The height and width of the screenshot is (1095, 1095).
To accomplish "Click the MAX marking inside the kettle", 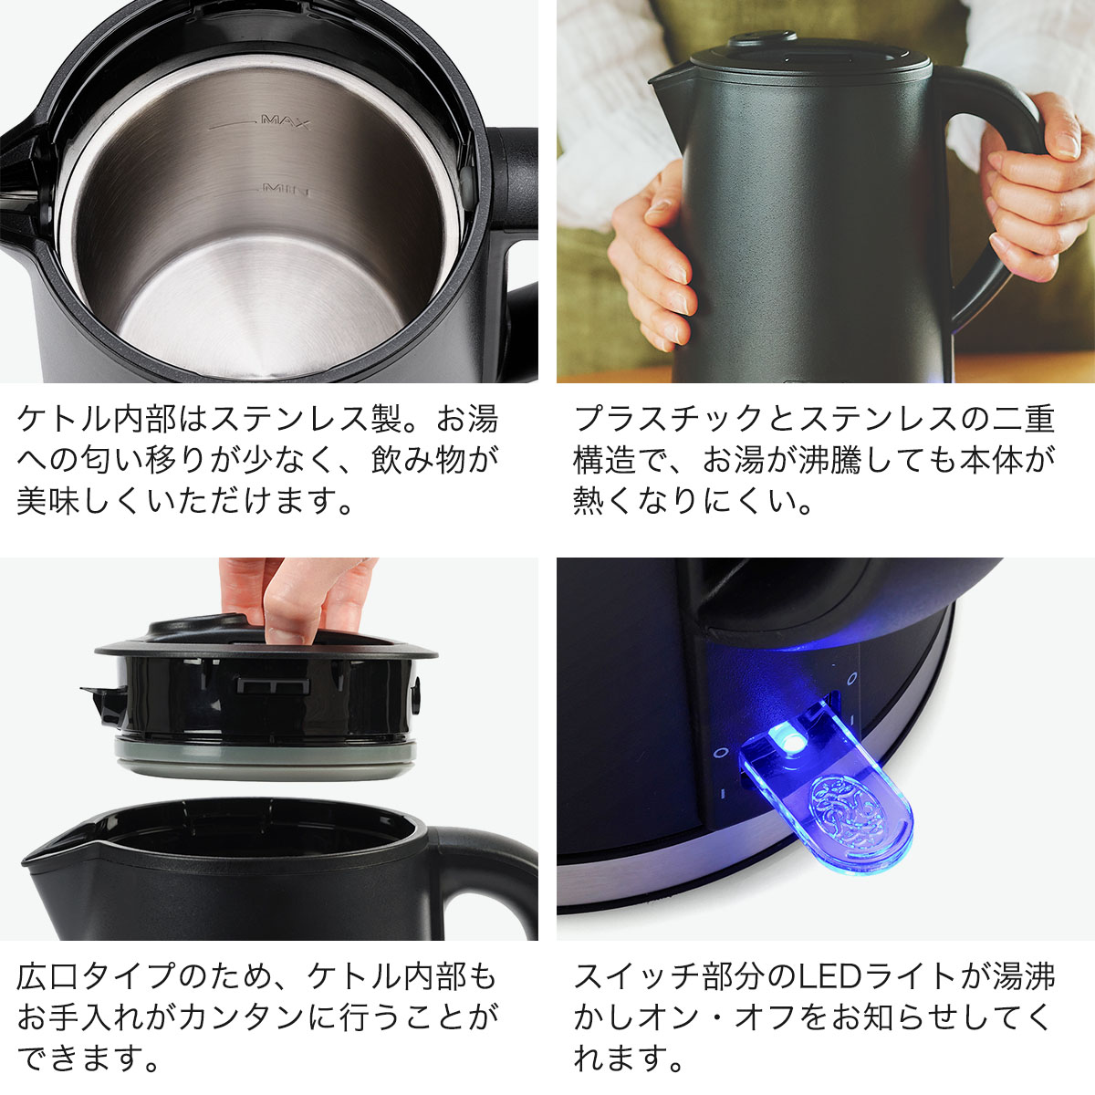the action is (x=286, y=121).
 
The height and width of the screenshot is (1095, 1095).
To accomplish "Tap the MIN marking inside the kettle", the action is (x=287, y=190).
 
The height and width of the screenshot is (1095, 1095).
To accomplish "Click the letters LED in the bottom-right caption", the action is (x=844, y=976).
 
